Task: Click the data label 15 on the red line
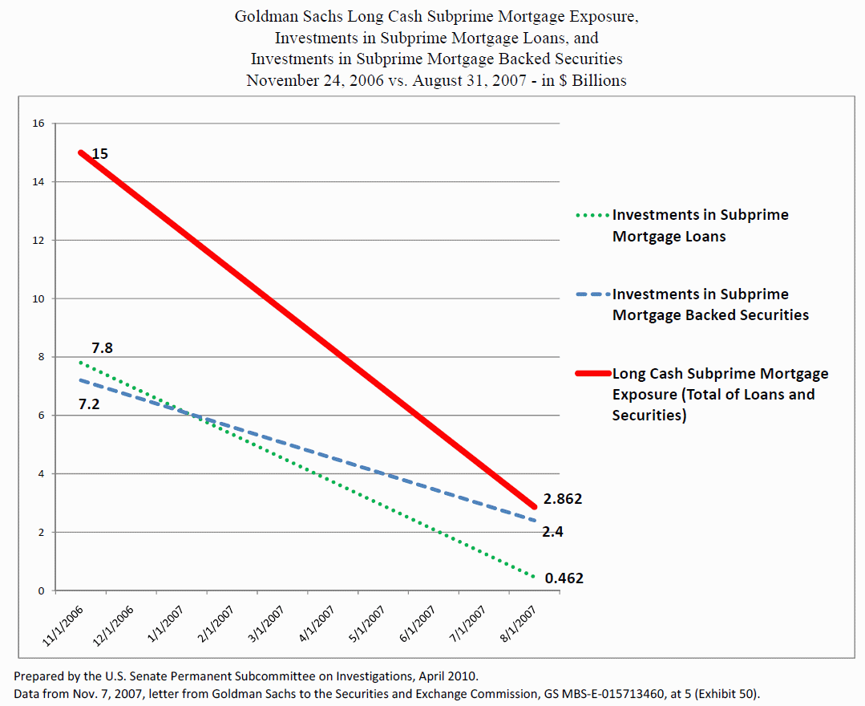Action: pos(99,153)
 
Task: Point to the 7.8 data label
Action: pos(102,348)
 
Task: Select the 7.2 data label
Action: pos(88,404)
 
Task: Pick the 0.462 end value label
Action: pos(564,578)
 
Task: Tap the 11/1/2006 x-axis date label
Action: pos(62,621)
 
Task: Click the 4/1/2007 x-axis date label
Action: pos(316,621)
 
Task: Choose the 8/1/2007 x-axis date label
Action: pos(519,621)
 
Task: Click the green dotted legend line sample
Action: pos(592,216)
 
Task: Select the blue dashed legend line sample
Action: pos(592,295)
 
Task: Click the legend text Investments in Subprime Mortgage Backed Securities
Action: pos(709,305)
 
